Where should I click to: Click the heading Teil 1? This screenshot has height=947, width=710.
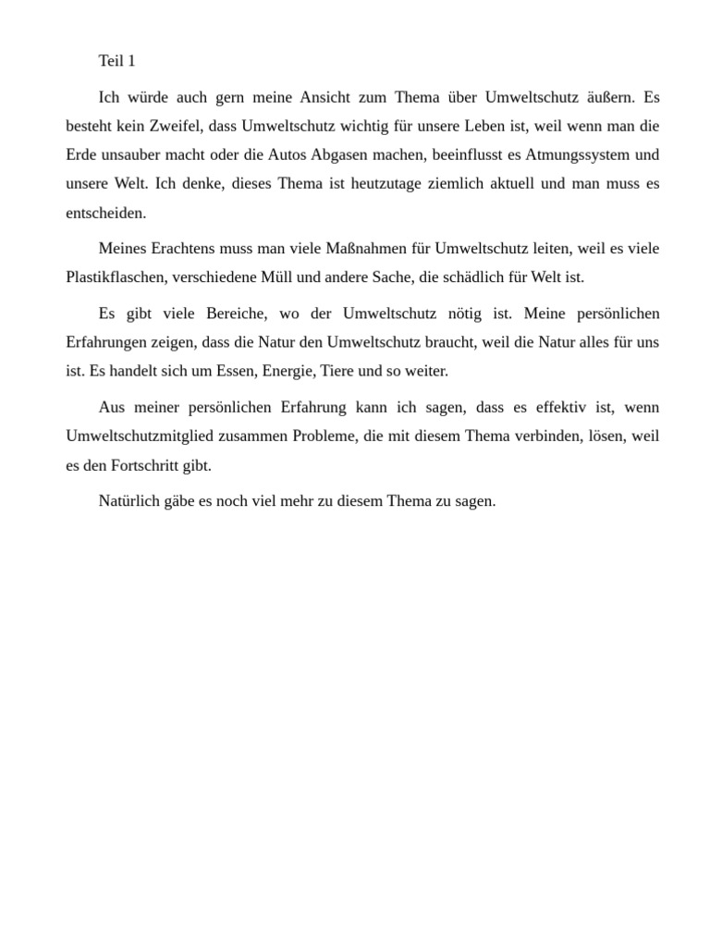pos(116,61)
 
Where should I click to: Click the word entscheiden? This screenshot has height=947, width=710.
pos(105,213)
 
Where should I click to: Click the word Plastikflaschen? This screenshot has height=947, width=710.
pos(117,277)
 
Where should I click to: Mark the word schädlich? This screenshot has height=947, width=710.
pos(485,277)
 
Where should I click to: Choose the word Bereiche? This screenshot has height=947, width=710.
pos(228,314)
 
